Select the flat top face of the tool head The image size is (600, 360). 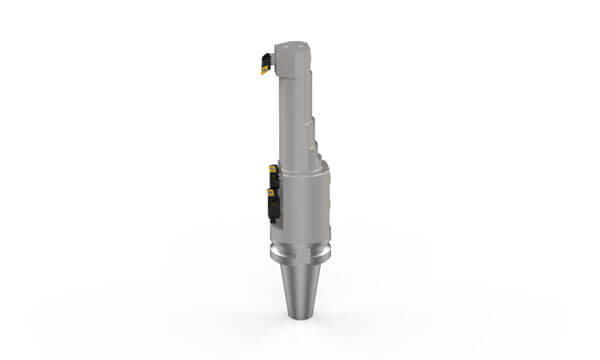click(x=289, y=44)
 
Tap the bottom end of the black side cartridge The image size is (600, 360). click(x=270, y=221)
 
